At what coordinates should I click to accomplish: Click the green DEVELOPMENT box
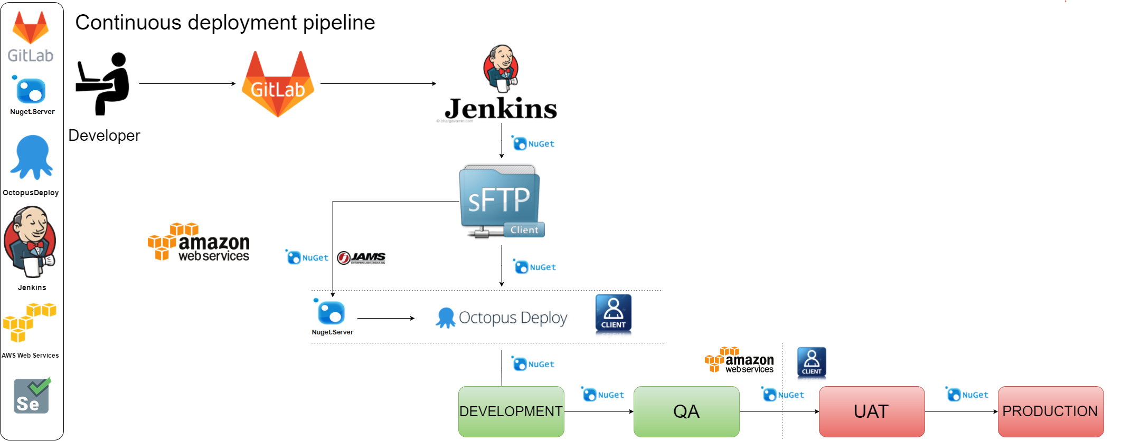(511, 411)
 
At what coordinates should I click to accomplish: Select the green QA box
(686, 411)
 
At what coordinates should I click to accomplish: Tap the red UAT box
(871, 411)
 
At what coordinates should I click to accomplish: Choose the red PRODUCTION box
(1050, 411)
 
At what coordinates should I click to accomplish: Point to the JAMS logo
(362, 258)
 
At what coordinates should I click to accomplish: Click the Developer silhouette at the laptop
(103, 84)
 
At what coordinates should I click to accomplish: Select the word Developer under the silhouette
(105, 136)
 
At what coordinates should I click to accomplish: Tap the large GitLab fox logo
(278, 84)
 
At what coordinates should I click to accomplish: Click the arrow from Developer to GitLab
(187, 83)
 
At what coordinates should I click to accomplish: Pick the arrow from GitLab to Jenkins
(378, 83)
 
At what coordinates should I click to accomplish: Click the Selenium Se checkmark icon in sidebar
(32, 396)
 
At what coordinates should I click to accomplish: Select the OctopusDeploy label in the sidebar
(31, 193)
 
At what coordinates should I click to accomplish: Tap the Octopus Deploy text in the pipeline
(512, 318)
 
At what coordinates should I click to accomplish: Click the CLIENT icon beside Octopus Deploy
(613, 313)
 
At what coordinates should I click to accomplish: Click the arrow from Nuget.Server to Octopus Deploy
(385, 318)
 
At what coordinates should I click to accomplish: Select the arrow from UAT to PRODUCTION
(961, 411)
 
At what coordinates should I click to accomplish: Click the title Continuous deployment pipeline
(225, 23)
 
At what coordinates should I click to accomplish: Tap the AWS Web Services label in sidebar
(30, 356)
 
